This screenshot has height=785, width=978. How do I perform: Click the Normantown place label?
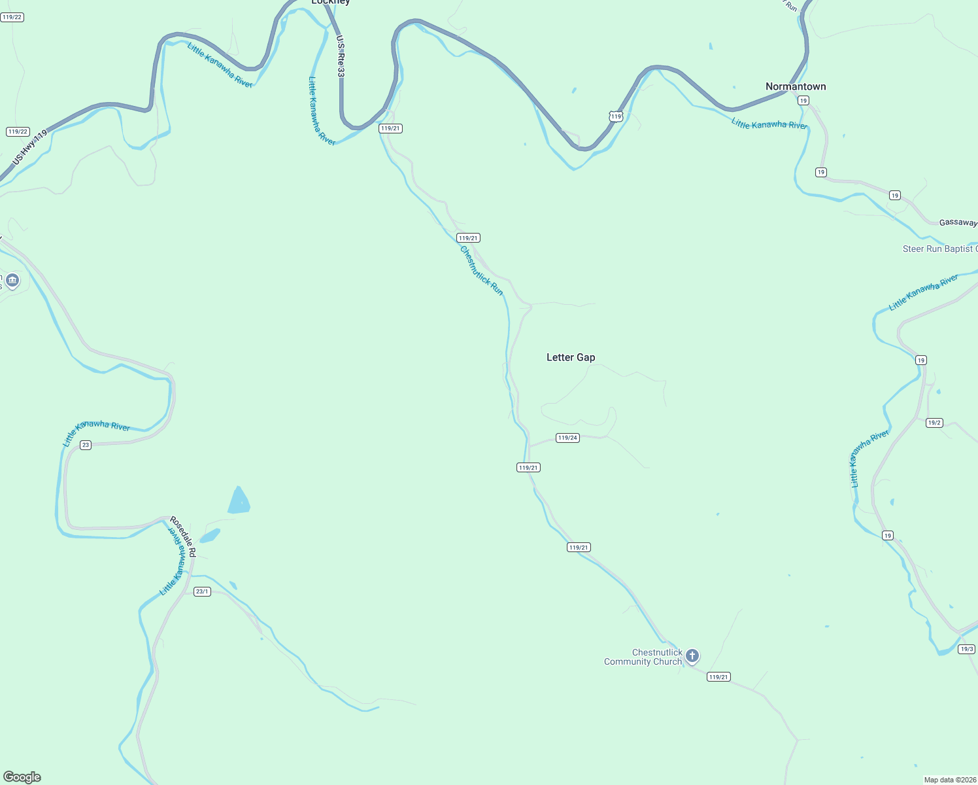click(796, 86)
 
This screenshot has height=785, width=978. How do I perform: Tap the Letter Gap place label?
click(571, 357)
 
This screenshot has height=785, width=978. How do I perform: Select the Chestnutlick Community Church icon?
click(692, 655)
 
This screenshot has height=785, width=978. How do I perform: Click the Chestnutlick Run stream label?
click(482, 270)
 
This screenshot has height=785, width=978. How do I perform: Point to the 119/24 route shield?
click(567, 438)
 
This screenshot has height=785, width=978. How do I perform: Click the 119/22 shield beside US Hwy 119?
click(18, 131)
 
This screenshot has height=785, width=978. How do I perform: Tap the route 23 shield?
click(86, 445)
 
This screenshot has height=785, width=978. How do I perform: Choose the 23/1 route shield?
click(202, 591)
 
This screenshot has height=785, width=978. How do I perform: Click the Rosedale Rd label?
click(183, 536)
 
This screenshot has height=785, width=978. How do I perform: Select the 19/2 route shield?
click(934, 423)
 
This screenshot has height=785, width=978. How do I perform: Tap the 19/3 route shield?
click(967, 649)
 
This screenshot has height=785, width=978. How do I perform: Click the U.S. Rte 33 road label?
click(341, 56)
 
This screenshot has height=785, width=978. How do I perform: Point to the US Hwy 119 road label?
click(30, 147)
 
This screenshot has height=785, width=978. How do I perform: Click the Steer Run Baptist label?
click(939, 249)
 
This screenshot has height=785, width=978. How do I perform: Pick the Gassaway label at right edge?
click(958, 222)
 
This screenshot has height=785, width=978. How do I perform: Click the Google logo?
click(22, 777)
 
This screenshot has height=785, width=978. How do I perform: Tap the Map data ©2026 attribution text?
click(950, 780)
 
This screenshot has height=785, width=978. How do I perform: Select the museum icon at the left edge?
click(12, 281)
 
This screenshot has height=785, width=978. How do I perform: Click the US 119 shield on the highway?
click(616, 116)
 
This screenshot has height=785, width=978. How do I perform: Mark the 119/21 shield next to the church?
click(718, 677)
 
